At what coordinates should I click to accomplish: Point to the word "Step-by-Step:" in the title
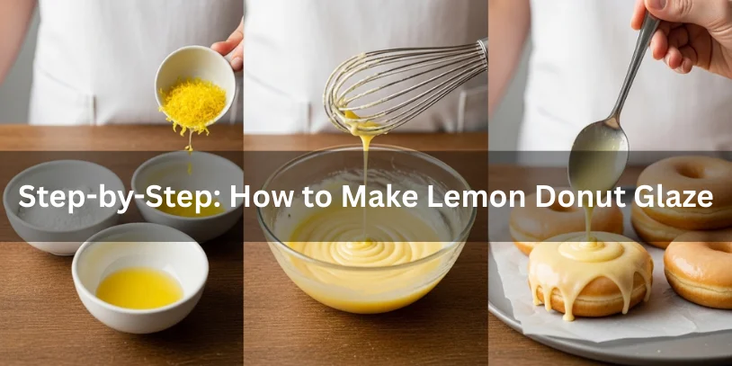point(113,196)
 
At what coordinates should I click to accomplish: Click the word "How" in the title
point(262,196)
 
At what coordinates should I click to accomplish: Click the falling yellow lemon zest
point(192,107)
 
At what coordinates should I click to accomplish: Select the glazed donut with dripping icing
point(590,274)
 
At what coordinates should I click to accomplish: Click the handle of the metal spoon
point(634,72)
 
